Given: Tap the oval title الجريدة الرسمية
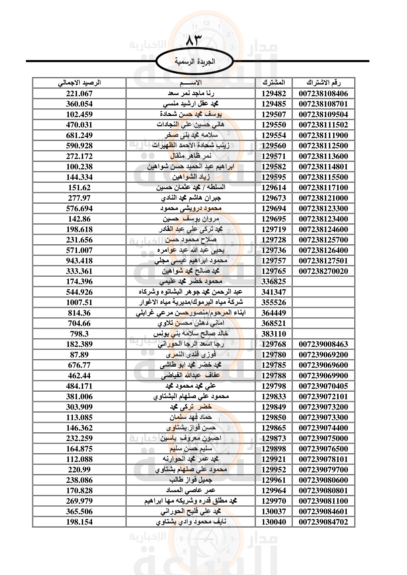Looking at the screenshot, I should click(x=195, y=61).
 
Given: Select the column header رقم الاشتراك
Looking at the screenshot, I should click(x=323, y=83).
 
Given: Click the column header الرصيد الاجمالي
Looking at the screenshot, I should click(x=79, y=83).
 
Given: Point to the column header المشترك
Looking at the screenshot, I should click(x=274, y=83).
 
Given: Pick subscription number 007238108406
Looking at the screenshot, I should click(x=323, y=94).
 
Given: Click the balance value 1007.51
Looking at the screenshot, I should click(x=79, y=303).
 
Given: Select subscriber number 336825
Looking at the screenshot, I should click(x=274, y=281).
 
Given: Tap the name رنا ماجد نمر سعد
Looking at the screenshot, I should click(x=191, y=94).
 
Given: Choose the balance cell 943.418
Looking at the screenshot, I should click(x=79, y=261).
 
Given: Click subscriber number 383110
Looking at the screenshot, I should click(x=274, y=334).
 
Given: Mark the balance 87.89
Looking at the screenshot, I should click(x=79, y=355).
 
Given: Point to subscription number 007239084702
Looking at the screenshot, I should click(x=323, y=522).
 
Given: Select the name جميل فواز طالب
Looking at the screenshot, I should click(x=191, y=480).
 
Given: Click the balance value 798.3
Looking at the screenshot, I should click(x=79, y=334).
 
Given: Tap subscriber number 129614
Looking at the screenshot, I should click(x=274, y=188).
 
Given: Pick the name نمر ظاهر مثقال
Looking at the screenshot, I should click(x=191, y=156).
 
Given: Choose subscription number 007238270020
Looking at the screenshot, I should click(x=323, y=271).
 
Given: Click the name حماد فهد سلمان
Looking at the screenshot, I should click(x=191, y=417).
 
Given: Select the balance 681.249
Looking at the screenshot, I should click(x=79, y=135).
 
